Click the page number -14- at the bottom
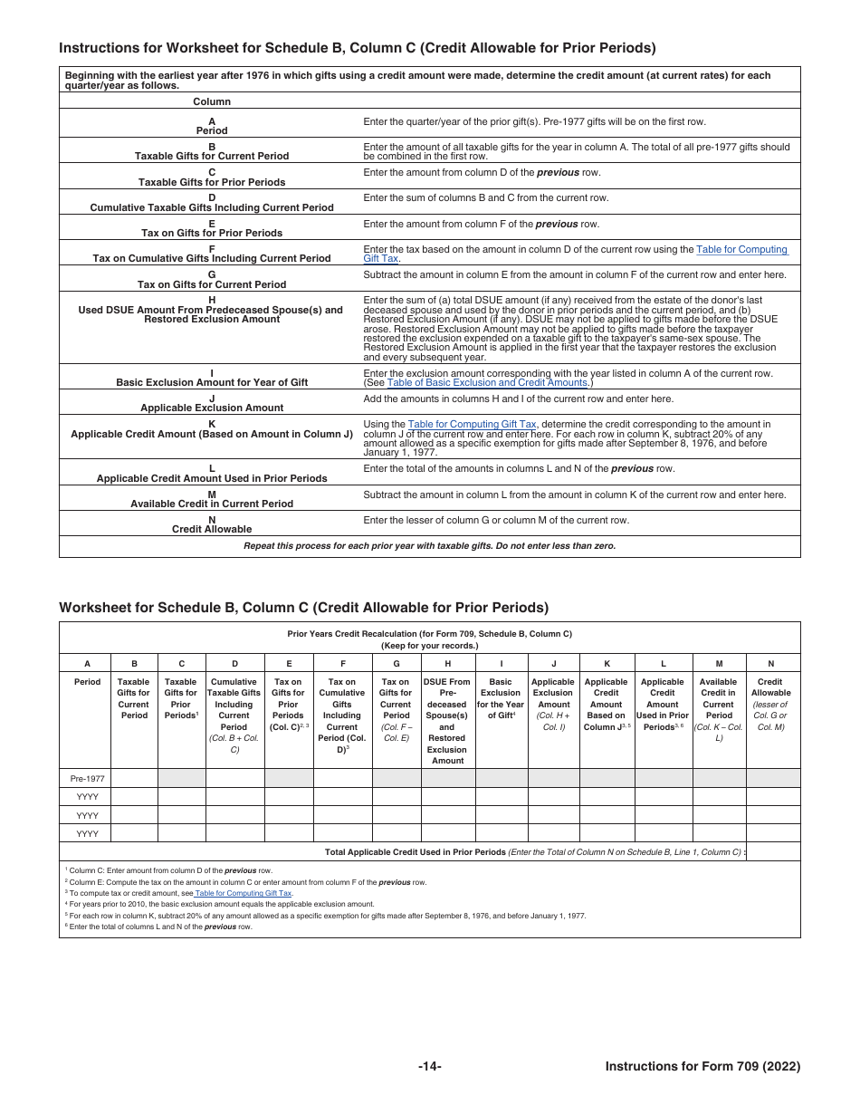pos(429,1067)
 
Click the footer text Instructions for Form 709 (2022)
pos(702,1067)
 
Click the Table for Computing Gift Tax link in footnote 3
pos(243,893)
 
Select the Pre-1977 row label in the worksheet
pos(87,778)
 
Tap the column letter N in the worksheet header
pos(770,663)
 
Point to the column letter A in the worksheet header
pos(87,663)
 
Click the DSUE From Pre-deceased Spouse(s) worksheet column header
pos(447,721)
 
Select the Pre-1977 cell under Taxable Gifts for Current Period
pos(134,778)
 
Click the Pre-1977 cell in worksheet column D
pos(234,778)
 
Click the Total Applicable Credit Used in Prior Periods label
pos(415,852)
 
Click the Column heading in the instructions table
pos(212,101)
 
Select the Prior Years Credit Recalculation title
pos(429,634)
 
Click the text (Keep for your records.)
pos(429,646)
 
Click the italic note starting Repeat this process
pos(429,546)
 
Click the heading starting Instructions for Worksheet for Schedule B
pos(357,48)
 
